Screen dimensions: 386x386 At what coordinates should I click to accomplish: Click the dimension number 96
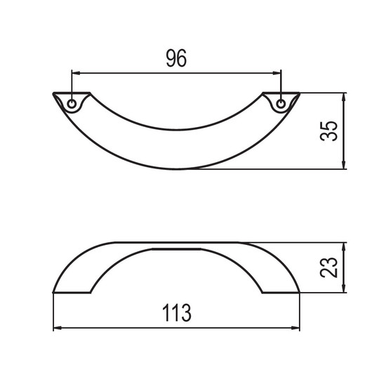coord(176,58)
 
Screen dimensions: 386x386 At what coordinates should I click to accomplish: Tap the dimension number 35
coord(328,131)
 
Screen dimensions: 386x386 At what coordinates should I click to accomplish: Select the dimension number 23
coord(328,267)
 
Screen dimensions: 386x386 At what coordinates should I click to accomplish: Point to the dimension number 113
coord(176,312)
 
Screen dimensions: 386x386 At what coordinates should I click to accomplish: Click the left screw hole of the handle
coord(72,104)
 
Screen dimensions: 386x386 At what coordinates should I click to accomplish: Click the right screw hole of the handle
coord(281,104)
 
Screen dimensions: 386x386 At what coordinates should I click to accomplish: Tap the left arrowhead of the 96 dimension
coord(76,73)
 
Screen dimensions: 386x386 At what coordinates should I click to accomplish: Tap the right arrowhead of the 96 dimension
coord(277,73)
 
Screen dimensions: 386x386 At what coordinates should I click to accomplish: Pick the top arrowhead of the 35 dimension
coord(344,98)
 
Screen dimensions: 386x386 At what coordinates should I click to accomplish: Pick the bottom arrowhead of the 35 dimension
coord(344,165)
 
